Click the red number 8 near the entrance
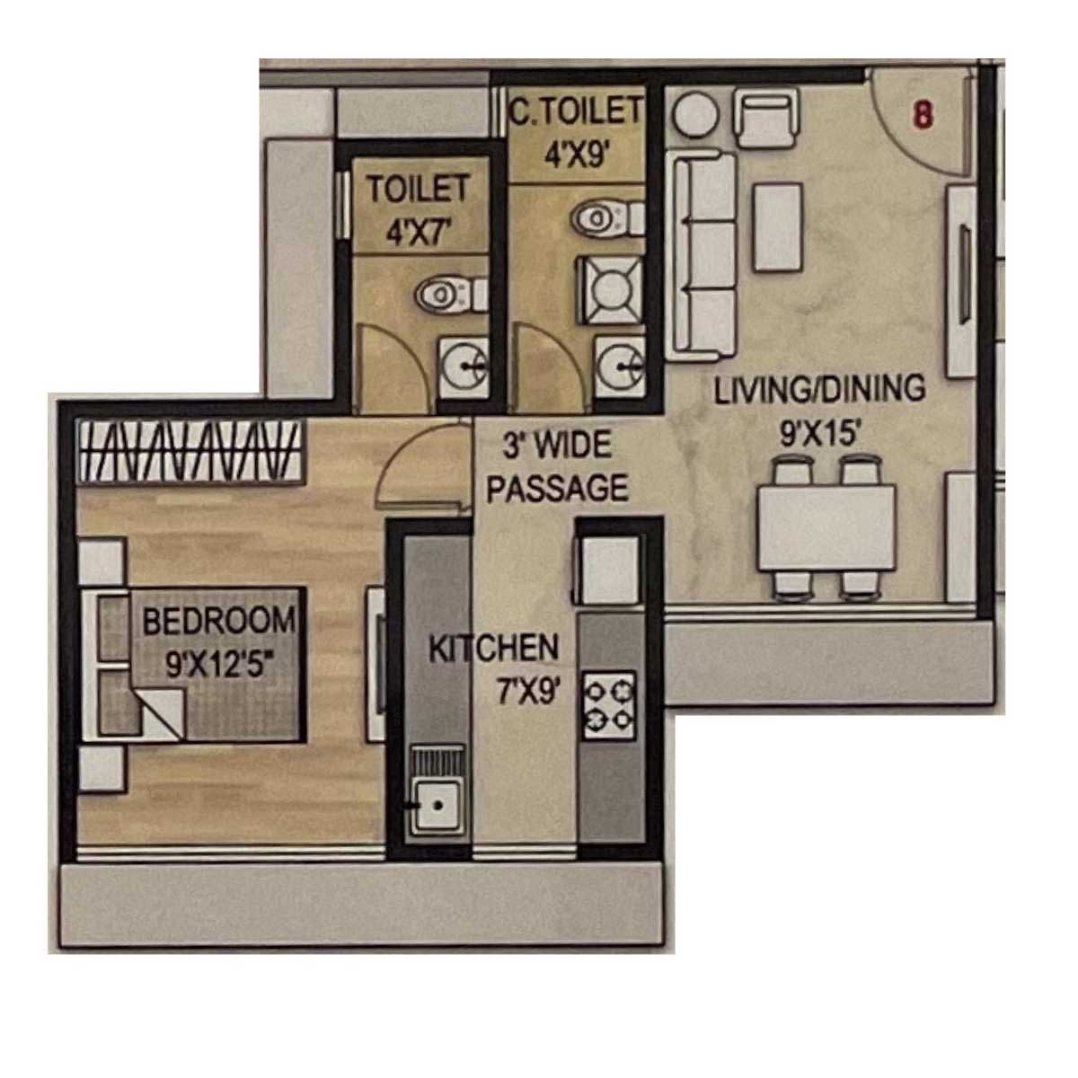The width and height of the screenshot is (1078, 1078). click(x=923, y=117)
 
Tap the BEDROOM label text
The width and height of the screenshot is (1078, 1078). click(x=219, y=622)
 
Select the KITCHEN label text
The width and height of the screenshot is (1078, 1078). click(x=494, y=648)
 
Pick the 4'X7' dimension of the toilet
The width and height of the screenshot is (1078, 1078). click(x=419, y=232)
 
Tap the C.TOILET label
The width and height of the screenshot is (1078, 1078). click(x=576, y=110)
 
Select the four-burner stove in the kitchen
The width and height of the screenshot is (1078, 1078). click(x=609, y=707)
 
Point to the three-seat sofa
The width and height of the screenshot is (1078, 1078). click(x=703, y=256)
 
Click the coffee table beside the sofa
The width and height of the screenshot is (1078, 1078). click(x=778, y=227)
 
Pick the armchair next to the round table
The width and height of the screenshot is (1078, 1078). click(x=765, y=120)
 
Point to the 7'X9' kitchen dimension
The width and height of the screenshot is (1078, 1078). click(x=528, y=693)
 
